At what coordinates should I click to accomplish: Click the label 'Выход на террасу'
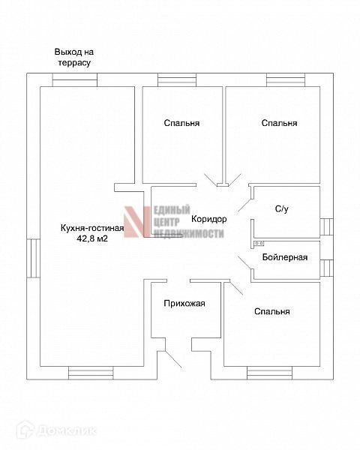pos(74,58)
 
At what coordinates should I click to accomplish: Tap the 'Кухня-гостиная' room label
pos(92,228)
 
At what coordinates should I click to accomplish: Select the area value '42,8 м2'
pos(92,238)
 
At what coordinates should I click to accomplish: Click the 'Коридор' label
pos(208,219)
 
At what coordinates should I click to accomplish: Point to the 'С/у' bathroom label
pos(282,209)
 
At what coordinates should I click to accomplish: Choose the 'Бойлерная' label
pos(285,257)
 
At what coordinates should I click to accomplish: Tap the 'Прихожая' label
pos(184,303)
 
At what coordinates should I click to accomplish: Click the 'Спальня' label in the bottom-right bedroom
pos(271,311)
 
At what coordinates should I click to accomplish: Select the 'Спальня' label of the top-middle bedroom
pos(181,123)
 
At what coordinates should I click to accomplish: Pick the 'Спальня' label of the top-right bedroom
pos(279,123)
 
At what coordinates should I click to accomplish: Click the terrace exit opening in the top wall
pos(75,79)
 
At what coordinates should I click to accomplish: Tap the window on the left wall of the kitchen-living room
pos(33,258)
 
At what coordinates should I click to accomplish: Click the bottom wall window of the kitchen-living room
pos(91,373)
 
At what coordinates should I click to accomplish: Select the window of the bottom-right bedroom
pos(269,373)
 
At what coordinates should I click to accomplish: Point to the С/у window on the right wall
pos(327,226)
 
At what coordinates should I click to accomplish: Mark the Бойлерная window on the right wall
pos(327,268)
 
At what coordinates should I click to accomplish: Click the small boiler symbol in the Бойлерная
pos(259,244)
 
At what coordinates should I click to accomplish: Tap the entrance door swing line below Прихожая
pos(173,359)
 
